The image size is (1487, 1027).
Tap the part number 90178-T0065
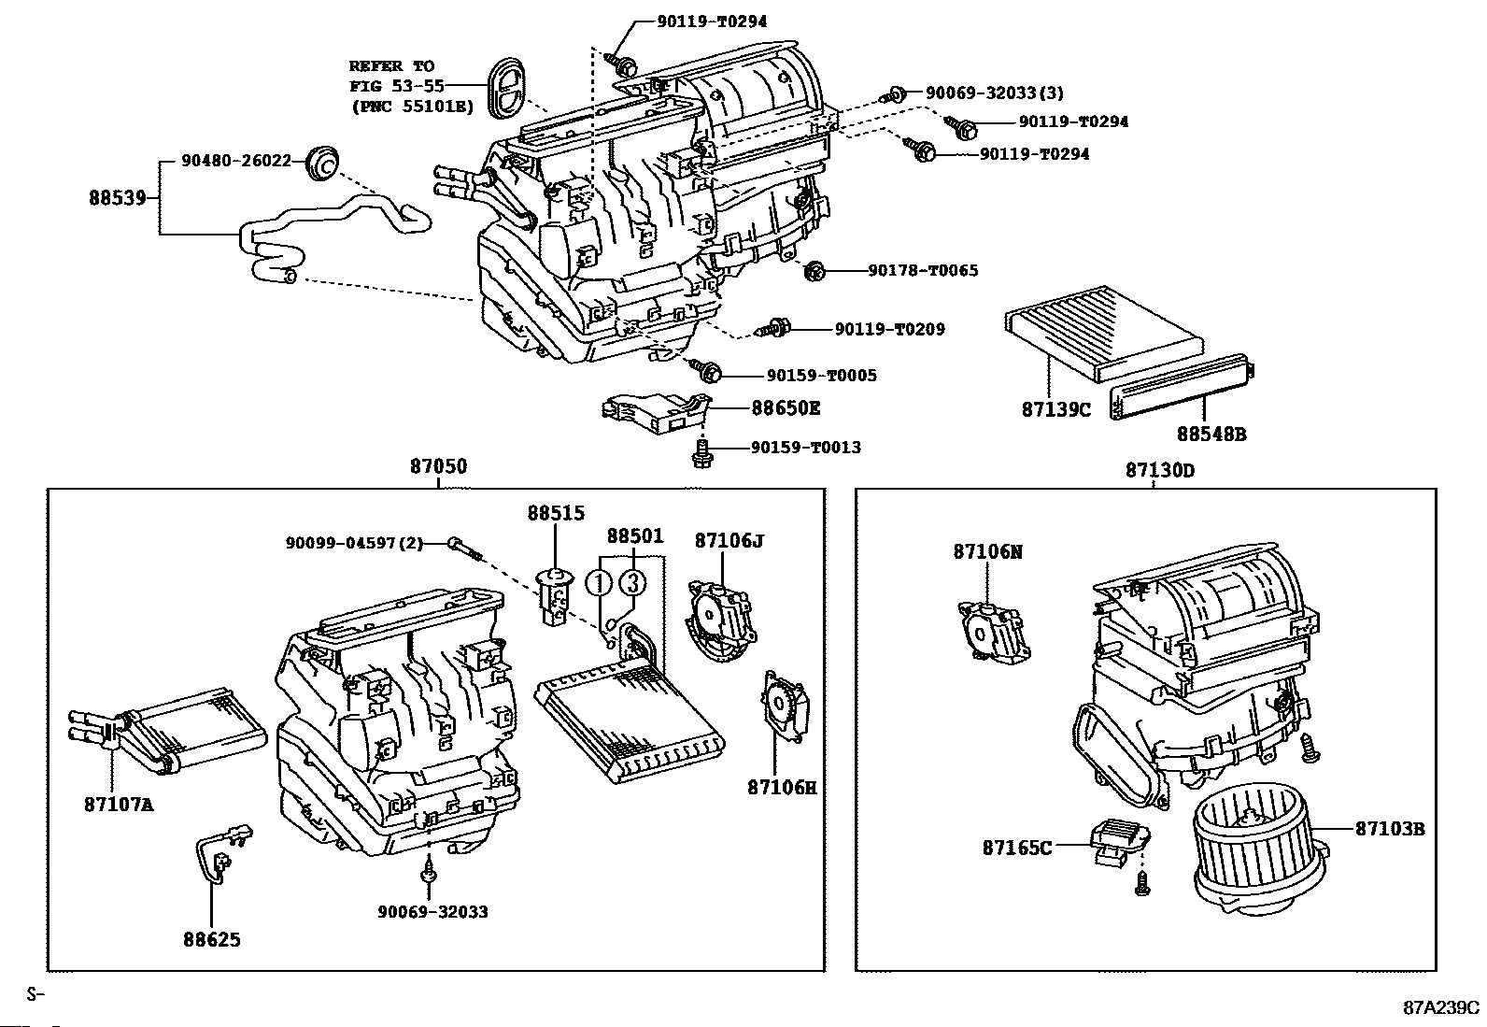[922, 271]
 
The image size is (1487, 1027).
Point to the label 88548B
[1211, 434]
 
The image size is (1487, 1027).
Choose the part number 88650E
[786, 408]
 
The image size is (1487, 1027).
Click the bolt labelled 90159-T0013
[701, 452]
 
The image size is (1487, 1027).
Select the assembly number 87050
[437, 467]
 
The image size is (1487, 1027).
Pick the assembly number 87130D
[1159, 470]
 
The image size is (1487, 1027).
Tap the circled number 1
[598, 583]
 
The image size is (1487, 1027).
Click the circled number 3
[632, 583]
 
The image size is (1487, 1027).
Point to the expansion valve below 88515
[555, 595]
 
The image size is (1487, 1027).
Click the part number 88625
[211, 939]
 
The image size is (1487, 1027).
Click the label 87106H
[781, 787]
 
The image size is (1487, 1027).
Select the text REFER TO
[391, 66]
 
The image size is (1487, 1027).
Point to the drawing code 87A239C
[1442, 1007]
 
